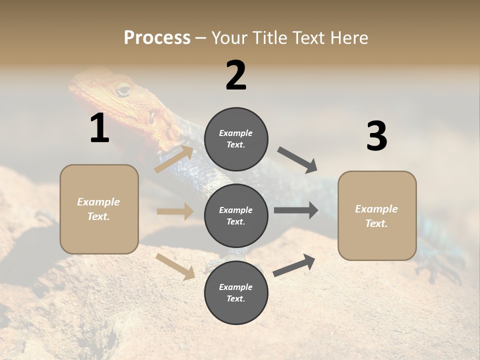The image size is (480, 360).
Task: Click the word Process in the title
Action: click(157, 37)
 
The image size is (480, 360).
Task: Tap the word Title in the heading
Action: click(266, 37)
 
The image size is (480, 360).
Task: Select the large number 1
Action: click(99, 128)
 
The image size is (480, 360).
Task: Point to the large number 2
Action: click(236, 75)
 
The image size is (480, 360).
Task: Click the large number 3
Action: click(376, 136)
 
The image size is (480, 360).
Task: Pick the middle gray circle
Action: click(236, 215)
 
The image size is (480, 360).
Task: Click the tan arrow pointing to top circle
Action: click(174, 159)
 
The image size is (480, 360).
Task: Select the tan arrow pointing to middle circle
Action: click(175, 211)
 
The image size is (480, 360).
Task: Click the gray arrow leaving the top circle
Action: click(297, 160)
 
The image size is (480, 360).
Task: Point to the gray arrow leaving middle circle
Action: click(295, 210)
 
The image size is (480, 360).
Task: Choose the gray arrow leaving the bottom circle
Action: click(294, 265)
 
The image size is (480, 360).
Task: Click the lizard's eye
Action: click(122, 90)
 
